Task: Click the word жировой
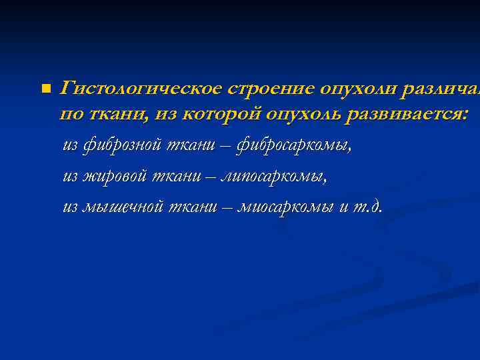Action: click(x=114, y=177)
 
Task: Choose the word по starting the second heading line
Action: click(x=70, y=115)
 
